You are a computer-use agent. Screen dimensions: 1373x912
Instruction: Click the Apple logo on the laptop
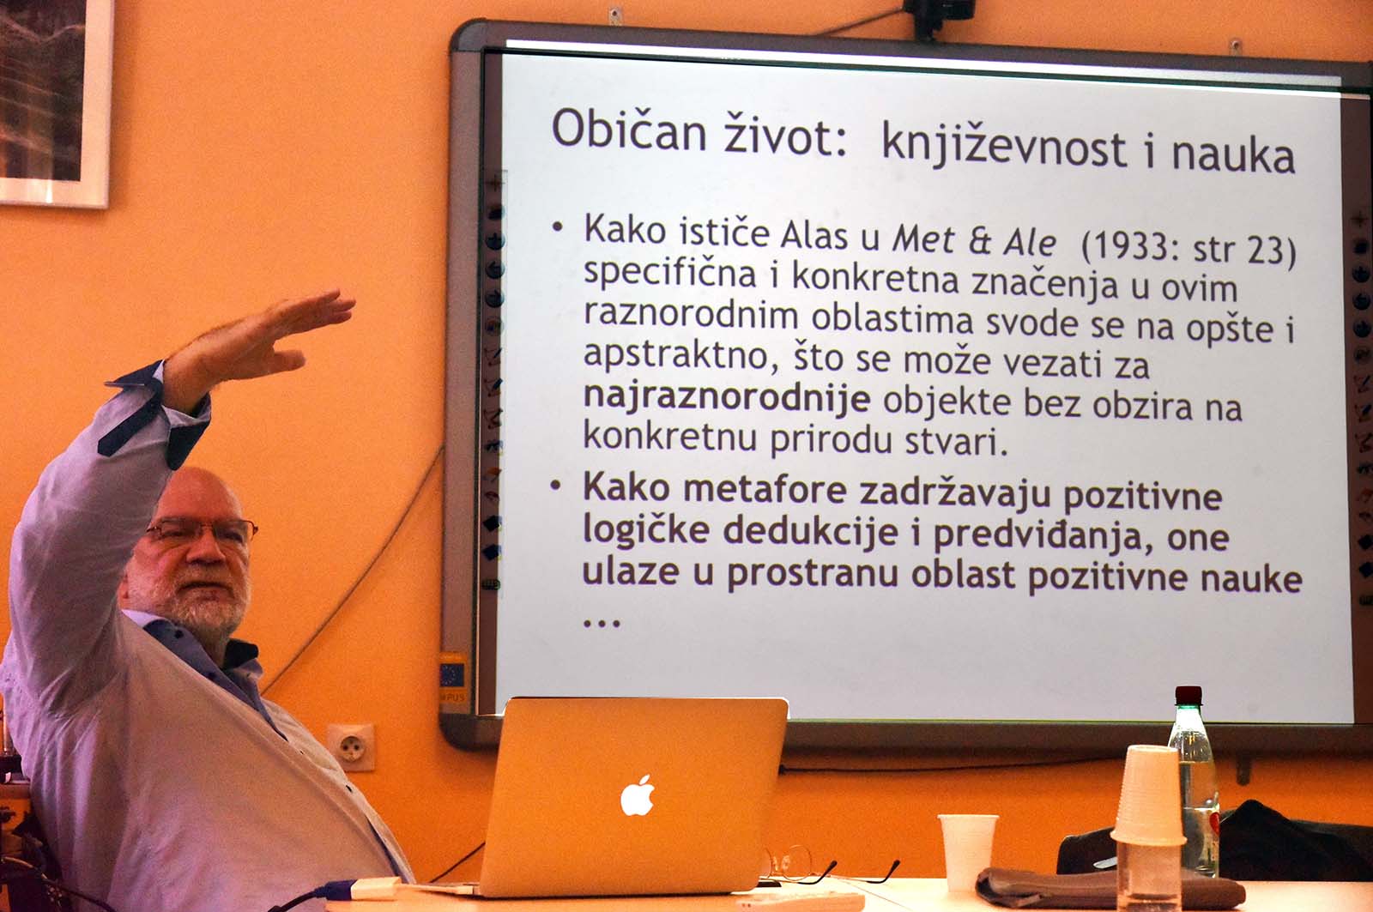[638, 795]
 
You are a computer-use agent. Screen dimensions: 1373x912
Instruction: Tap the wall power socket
[351, 746]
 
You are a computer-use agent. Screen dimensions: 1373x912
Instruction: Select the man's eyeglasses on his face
[203, 529]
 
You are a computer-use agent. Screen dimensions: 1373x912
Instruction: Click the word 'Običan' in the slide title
[630, 130]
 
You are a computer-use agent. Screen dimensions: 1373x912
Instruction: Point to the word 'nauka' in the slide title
[1233, 155]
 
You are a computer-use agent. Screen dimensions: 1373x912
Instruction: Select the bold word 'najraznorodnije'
[727, 399]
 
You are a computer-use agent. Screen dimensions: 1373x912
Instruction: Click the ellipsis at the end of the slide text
[602, 624]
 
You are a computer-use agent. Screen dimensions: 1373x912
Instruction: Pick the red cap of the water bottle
[1189, 695]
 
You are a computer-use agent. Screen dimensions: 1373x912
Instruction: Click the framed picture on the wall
[54, 101]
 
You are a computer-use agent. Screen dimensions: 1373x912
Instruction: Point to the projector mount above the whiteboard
[939, 15]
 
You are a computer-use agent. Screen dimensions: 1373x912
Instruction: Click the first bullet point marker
[557, 226]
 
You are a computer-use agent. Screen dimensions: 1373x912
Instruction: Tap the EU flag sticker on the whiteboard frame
[452, 675]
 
